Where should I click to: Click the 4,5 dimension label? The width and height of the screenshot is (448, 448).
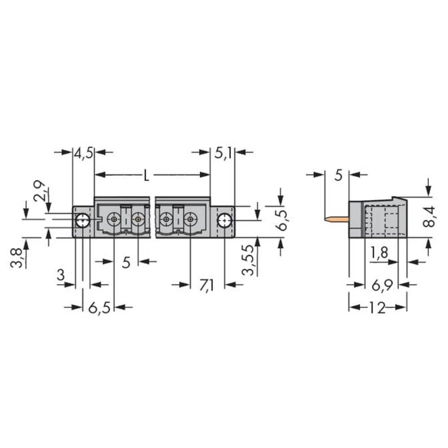83,153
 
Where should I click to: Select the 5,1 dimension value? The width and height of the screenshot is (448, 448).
223,153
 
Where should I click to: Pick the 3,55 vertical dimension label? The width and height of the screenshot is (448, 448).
251,261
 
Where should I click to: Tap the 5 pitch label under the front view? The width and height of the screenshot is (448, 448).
126,262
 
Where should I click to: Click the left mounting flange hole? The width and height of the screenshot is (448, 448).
82,220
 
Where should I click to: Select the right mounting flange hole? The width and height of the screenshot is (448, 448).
224,220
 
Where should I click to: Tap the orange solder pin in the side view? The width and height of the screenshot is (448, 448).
336,220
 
